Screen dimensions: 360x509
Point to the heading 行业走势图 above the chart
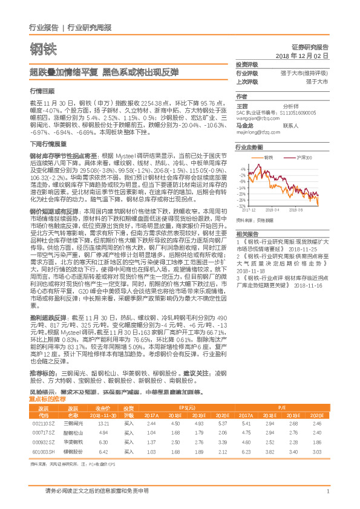249,147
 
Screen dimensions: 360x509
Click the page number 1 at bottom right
327,491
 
